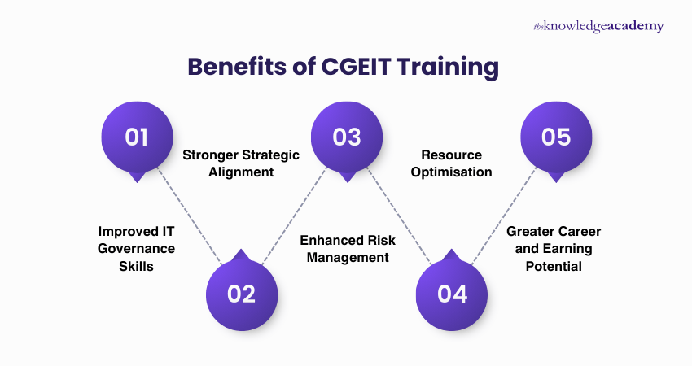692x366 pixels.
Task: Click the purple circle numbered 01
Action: click(137, 137)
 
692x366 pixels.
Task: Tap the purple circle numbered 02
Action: click(241, 293)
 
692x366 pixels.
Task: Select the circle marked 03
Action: click(347, 137)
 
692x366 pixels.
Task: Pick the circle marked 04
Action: click(451, 293)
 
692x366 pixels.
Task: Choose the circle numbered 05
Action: click(556, 137)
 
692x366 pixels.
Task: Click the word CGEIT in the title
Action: click(352, 68)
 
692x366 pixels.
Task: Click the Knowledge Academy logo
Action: click(598, 26)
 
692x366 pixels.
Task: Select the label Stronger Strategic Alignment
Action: click(241, 163)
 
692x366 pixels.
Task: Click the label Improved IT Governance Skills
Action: click(137, 248)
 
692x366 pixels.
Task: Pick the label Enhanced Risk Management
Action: click(348, 248)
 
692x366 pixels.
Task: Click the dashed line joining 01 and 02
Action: click(189, 216)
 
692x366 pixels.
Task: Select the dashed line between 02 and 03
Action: click(294, 216)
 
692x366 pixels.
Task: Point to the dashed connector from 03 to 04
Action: click(399, 216)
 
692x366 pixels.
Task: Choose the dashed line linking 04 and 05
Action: click(504, 216)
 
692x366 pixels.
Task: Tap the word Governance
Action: click(137, 248)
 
